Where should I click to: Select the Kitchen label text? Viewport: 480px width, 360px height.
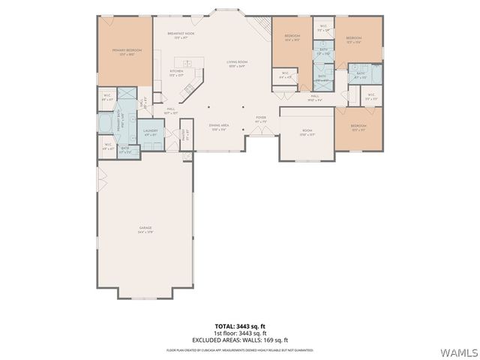tap(176, 73)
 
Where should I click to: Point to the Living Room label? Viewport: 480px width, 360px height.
tap(236, 64)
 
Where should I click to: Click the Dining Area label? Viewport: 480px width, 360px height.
tap(218, 127)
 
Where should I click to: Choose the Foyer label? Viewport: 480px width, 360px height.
tap(261, 119)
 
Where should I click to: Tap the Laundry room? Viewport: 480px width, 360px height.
tap(149, 133)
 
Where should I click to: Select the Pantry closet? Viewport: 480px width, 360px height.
tap(187, 136)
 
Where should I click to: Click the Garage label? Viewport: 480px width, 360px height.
tap(145, 229)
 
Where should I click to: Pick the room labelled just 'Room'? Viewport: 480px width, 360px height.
tap(306, 133)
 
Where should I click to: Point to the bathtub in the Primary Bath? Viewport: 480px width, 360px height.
tap(106, 122)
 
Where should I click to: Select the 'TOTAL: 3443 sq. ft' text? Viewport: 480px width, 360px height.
tap(239, 327)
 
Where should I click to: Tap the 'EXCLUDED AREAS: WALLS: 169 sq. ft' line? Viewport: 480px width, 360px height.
tap(239, 339)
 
